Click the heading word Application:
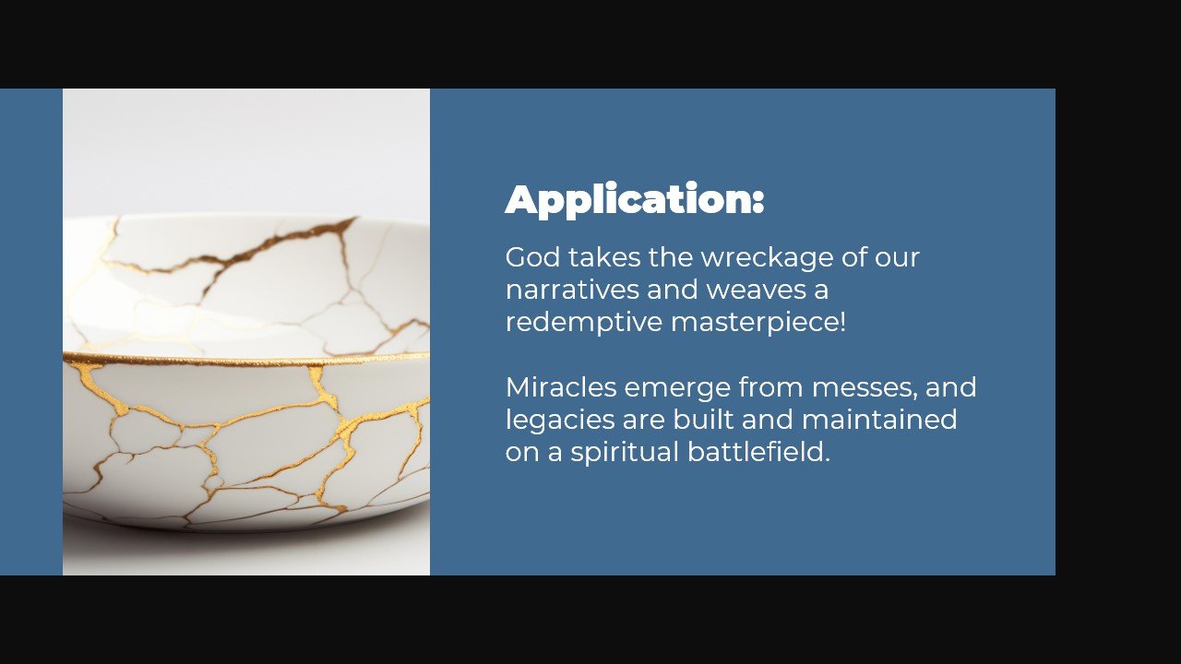635,200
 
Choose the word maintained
879,420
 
